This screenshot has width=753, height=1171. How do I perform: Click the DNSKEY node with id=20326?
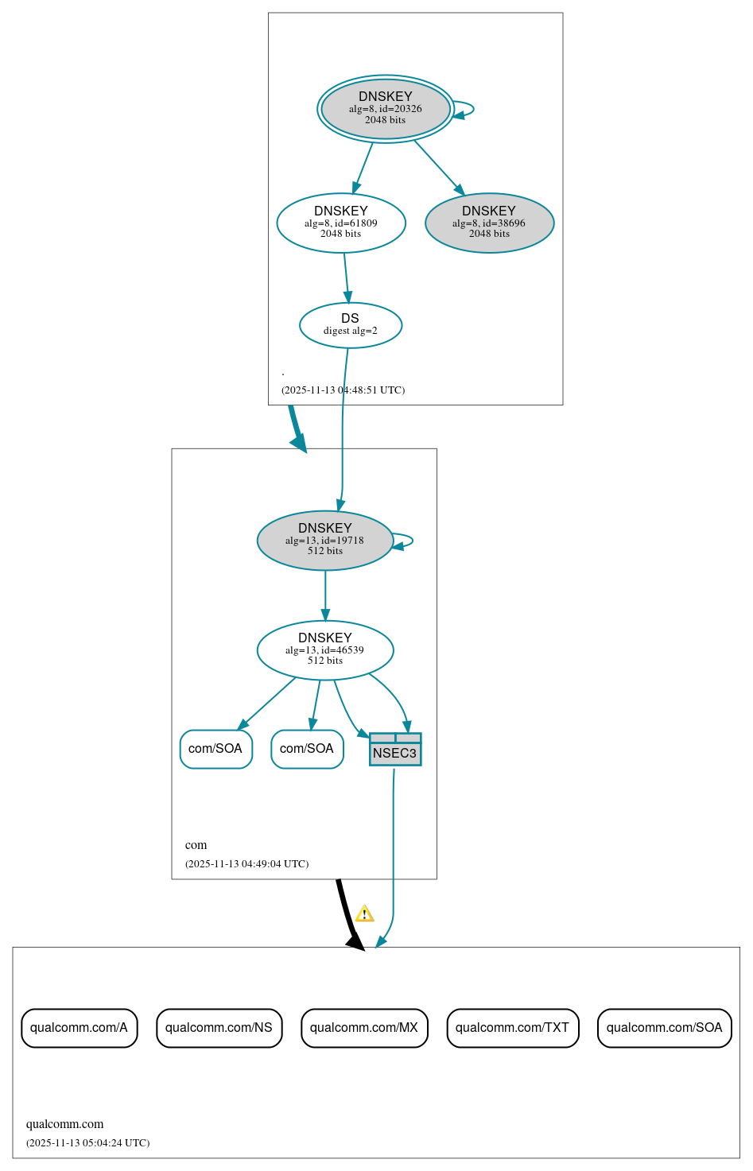pos(386,109)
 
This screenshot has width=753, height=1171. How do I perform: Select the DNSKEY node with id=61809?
pos(341,223)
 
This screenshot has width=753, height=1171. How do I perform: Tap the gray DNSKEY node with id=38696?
pos(489,223)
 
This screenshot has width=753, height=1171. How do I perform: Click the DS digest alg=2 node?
pos(351,325)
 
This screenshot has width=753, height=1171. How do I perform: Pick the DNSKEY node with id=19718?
pos(325,541)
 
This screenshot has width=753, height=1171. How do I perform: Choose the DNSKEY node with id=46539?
pos(325,650)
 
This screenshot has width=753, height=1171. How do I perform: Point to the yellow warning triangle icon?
pos(364,913)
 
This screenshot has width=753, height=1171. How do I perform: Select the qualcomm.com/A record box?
pos(80,1028)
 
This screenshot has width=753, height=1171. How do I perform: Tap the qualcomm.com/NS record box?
pos(219,1028)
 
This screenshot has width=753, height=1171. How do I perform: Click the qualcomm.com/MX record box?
pos(364,1028)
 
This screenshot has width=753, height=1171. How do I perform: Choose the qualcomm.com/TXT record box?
pos(512,1028)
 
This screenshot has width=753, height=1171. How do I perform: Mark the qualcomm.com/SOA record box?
pos(664,1028)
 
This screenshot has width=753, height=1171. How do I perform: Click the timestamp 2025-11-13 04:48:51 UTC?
pos(343,390)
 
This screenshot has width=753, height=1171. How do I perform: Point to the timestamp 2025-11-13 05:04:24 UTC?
pos(87,1143)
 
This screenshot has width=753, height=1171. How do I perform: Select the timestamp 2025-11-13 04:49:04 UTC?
pos(246,864)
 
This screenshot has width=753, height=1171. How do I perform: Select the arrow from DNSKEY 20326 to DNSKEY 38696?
pos(439,166)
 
